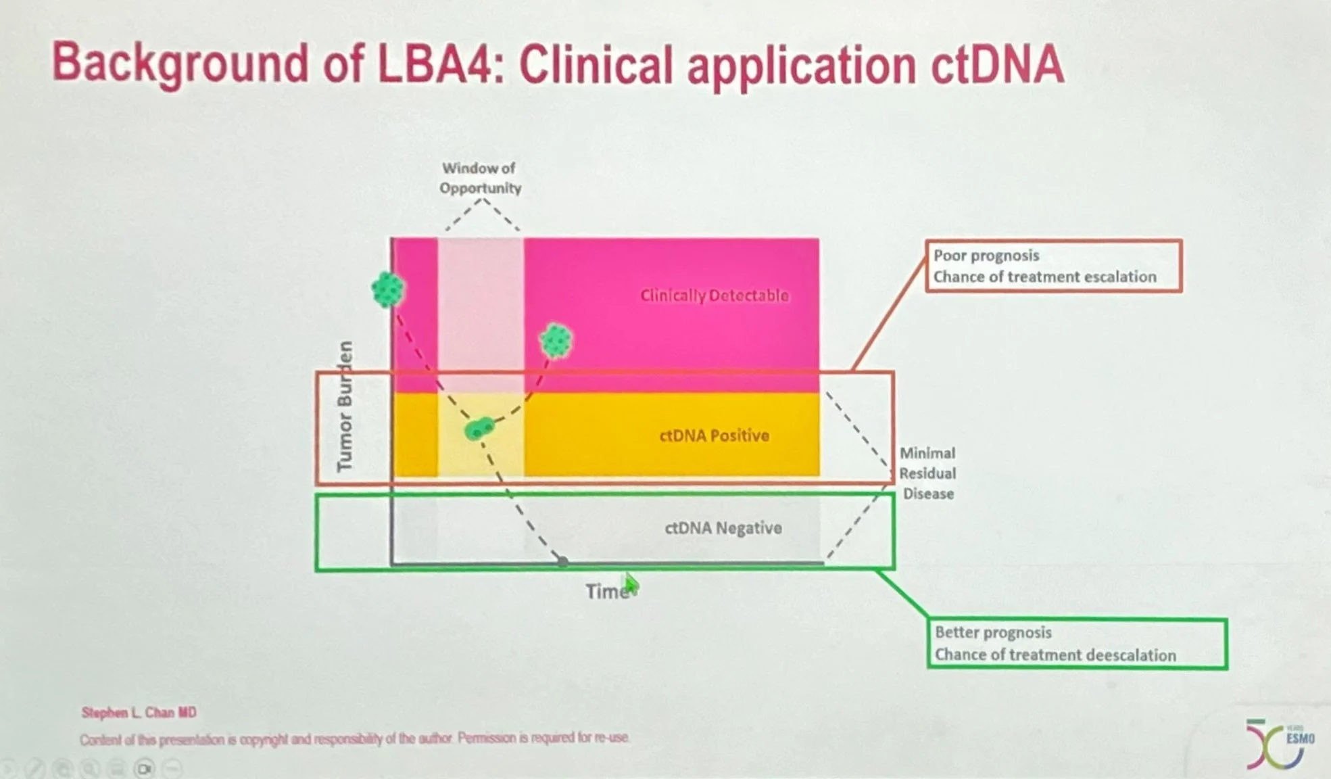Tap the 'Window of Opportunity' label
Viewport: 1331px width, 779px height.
(x=480, y=178)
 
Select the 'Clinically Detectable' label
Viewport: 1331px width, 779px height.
(x=714, y=296)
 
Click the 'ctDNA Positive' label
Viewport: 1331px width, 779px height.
(x=714, y=435)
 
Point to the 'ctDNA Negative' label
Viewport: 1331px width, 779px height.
(x=723, y=528)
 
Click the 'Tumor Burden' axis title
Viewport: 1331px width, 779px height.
(x=345, y=406)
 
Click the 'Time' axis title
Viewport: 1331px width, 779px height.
(x=606, y=592)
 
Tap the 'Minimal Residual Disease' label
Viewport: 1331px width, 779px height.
(x=927, y=473)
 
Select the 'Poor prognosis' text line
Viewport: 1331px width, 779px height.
(x=986, y=256)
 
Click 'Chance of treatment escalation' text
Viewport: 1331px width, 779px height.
(x=1044, y=277)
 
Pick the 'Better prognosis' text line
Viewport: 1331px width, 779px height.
(x=993, y=632)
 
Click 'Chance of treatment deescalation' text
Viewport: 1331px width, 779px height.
(x=1055, y=655)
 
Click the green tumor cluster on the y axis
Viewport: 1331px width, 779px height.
(x=388, y=289)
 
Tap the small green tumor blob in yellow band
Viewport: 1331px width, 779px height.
(x=479, y=429)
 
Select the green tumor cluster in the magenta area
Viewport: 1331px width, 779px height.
(x=556, y=340)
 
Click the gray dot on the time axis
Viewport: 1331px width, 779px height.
(x=562, y=561)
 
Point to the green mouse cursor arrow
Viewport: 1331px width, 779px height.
(x=631, y=585)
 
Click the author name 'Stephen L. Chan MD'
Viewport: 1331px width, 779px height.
(x=139, y=712)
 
